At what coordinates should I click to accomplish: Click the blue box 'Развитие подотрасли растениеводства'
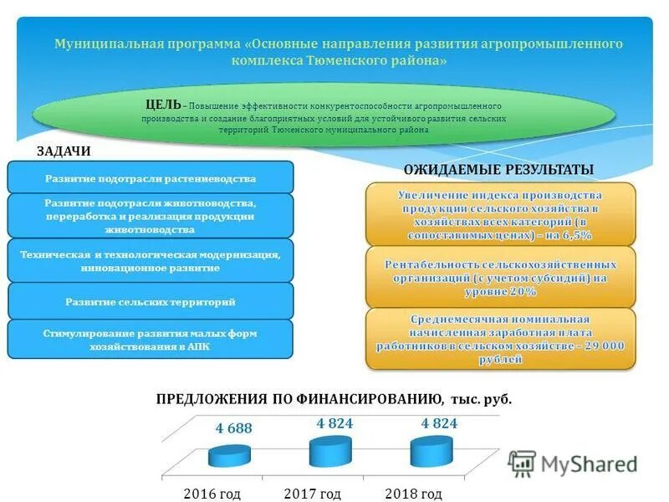click(x=151, y=178)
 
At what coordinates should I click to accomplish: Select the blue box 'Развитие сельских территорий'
click(x=151, y=301)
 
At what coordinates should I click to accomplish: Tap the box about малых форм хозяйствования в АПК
click(x=151, y=339)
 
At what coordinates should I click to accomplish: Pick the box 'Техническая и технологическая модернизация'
click(x=151, y=261)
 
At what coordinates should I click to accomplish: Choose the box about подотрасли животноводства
click(x=151, y=216)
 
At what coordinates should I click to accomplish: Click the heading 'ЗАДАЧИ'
click(x=64, y=151)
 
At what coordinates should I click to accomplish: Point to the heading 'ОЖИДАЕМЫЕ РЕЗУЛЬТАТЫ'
click(x=498, y=170)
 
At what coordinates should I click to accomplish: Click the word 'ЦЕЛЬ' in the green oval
click(x=162, y=105)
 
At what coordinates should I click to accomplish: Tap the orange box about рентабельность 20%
click(x=500, y=277)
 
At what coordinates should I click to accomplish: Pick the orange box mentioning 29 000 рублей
click(x=500, y=339)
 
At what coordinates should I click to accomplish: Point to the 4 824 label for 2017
click(x=334, y=424)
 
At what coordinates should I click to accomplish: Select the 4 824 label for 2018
click(x=439, y=424)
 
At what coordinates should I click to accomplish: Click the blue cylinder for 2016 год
click(x=230, y=455)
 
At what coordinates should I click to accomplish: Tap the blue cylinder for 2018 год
click(x=432, y=452)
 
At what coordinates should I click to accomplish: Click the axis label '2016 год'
click(x=212, y=494)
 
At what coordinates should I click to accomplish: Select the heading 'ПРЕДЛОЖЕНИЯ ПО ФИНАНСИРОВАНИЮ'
click(x=297, y=399)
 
